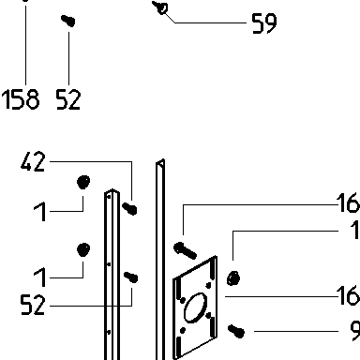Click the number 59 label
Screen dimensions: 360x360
pyautogui.click(x=264, y=23)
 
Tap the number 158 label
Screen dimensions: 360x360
pyautogui.click(x=21, y=99)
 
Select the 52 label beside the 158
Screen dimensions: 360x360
pyautogui.click(x=68, y=99)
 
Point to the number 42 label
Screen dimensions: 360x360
pyautogui.click(x=33, y=161)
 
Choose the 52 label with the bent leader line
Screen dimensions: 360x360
pyautogui.click(x=33, y=305)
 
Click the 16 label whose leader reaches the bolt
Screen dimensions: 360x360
pyautogui.click(x=348, y=202)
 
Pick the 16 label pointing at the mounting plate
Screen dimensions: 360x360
pyautogui.click(x=348, y=295)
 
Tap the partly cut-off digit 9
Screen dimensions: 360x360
pyautogui.click(x=354, y=331)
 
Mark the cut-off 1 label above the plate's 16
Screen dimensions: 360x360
pyautogui.click(x=355, y=230)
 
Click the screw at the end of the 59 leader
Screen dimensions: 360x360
pyautogui.click(x=160, y=7)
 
